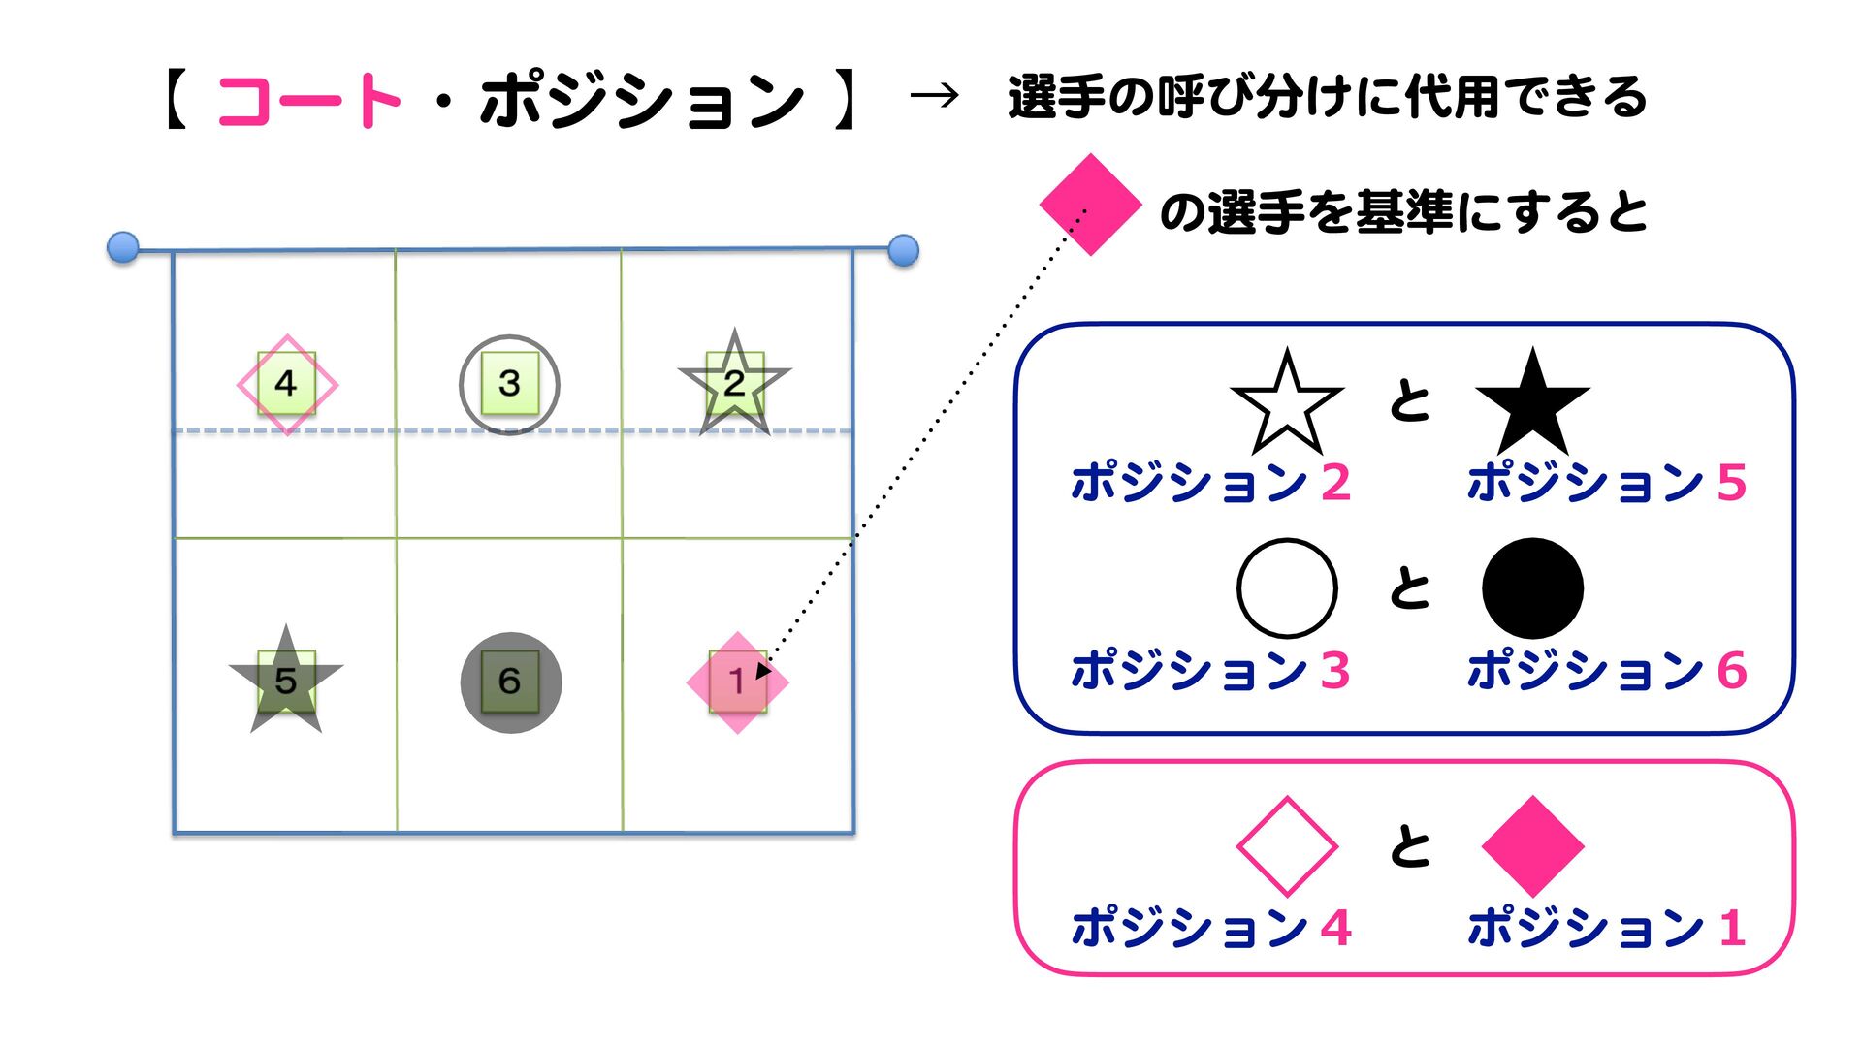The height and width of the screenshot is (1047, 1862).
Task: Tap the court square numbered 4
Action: [x=286, y=384]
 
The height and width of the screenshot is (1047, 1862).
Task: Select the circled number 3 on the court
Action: [x=509, y=384]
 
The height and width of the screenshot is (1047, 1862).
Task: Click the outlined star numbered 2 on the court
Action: [x=734, y=384]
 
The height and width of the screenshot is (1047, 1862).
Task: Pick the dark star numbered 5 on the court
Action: [x=286, y=681]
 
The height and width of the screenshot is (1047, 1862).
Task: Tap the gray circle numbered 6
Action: [x=510, y=682]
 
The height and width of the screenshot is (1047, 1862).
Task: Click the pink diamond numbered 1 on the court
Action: [x=737, y=682]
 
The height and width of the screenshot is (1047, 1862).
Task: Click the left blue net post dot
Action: [x=123, y=247]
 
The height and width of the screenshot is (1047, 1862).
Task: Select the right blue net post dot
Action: [x=903, y=250]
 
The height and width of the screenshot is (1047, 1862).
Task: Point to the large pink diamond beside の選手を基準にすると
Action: [x=1089, y=205]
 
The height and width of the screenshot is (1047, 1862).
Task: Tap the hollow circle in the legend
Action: [x=1287, y=587]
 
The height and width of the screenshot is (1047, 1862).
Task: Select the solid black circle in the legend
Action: [x=1532, y=587]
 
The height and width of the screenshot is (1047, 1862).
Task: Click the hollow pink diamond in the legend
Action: [x=1287, y=845]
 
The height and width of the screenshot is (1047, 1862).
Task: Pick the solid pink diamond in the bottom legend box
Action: [x=1532, y=845]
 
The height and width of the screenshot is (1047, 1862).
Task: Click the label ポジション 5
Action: [x=1606, y=482]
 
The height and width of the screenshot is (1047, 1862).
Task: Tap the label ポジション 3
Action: [x=1209, y=670]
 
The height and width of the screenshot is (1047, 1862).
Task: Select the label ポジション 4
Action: [x=1209, y=928]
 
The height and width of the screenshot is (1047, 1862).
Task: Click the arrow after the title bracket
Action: [x=935, y=95]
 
